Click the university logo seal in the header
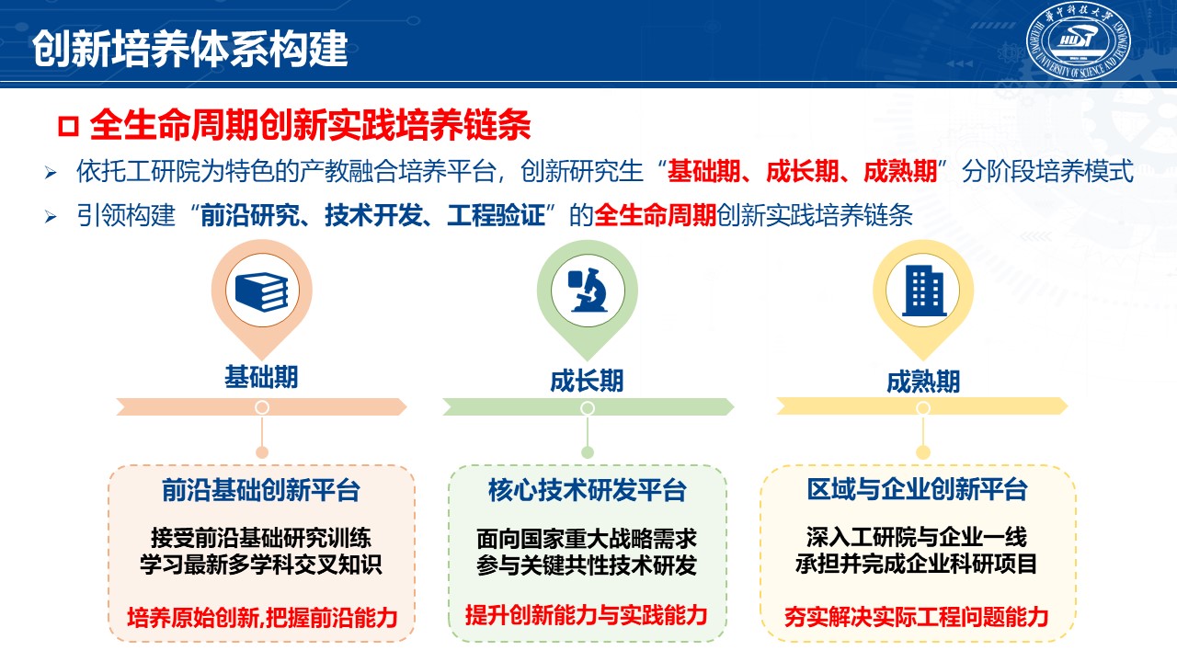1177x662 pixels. point(1079,40)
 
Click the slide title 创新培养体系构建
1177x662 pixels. point(189,49)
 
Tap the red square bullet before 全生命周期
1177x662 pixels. point(68,126)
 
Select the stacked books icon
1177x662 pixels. point(262,292)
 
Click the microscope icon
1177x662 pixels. point(588,290)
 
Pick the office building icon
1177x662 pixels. point(924,291)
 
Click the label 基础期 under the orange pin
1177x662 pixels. point(261,377)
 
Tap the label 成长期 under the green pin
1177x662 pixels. point(587,381)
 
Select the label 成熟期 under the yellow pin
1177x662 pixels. point(923,382)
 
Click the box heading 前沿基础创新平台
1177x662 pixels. point(261,490)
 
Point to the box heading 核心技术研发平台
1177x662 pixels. point(588,490)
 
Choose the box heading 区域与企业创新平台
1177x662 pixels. point(918,489)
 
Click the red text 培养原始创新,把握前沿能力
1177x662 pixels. point(262,617)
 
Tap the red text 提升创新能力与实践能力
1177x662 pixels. point(587,615)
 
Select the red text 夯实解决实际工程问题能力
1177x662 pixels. point(917,616)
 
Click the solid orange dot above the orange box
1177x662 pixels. point(262,452)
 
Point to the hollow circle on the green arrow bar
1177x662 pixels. point(588,407)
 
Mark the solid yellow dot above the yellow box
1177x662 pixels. point(923,452)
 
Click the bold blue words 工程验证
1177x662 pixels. point(497,215)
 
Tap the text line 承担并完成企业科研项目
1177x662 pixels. point(917,564)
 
